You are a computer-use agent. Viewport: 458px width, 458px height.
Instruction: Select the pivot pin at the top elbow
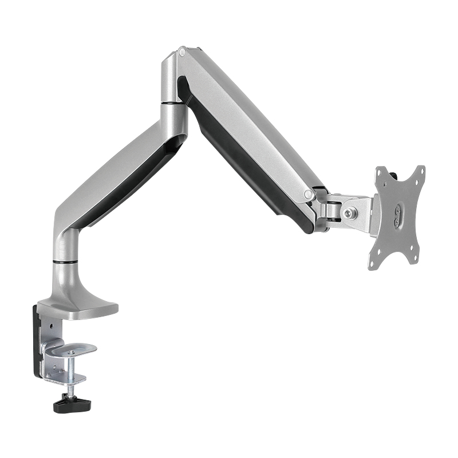point(182,52)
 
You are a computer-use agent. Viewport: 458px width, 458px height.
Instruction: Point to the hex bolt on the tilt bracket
point(349,212)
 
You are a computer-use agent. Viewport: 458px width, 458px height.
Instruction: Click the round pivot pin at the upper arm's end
point(309,195)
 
